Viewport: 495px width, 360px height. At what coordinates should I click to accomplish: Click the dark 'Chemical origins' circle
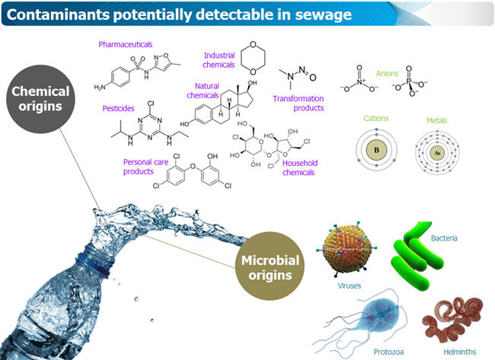pos(40,98)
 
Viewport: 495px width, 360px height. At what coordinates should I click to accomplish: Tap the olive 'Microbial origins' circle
pos(267,266)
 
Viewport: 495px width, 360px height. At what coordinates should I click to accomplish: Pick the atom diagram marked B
pos(375,150)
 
